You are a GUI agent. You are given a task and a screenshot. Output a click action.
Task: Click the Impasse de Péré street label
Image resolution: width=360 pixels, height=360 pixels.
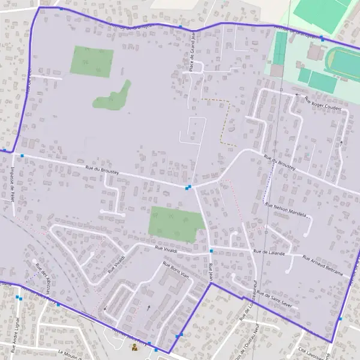pos(12,179)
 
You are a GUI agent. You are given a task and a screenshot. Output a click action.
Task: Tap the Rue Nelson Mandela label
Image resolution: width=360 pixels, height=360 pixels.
pos(286,209)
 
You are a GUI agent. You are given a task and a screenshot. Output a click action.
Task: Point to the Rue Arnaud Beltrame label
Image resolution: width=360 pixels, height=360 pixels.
pos(323,265)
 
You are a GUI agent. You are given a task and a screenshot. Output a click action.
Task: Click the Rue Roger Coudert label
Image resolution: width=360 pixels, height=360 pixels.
pos(322,104)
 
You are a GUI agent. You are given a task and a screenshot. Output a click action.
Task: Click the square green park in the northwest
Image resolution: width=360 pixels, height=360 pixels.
pos(92,62)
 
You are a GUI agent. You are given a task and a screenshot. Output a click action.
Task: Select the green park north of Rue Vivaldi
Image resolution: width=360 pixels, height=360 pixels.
pos(176,223)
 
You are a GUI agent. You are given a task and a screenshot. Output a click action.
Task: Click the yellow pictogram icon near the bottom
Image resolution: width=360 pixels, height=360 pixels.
pos(134,347)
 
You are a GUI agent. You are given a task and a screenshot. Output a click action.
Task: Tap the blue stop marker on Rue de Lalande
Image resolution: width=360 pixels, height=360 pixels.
pos(211,250)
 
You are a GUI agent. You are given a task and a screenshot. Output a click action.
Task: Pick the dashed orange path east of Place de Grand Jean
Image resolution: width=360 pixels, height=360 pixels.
pos(225,120)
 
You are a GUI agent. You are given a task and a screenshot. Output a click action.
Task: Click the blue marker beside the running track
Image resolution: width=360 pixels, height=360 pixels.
pos(322,38)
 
